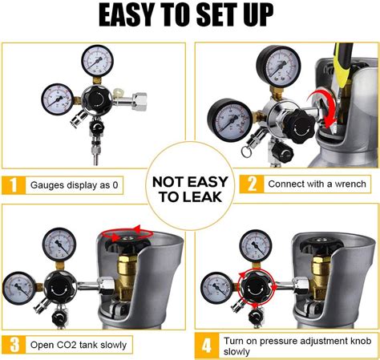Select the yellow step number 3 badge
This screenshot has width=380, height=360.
click(14, 345)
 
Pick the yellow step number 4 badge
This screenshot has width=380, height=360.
click(206, 345)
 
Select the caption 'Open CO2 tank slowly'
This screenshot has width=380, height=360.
click(79, 345)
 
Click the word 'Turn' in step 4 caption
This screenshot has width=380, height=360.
click(237, 339)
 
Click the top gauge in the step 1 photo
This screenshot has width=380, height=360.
click(97, 62)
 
